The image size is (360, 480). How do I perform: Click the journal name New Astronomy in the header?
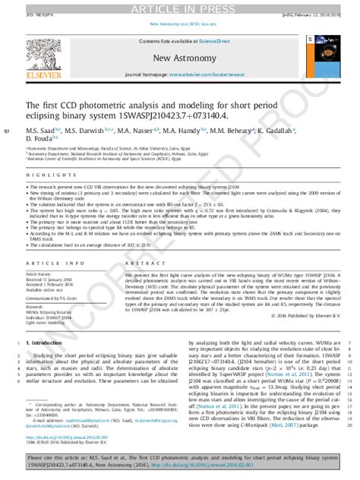click(180, 58)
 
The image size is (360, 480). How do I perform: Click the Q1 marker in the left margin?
click(8, 131)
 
